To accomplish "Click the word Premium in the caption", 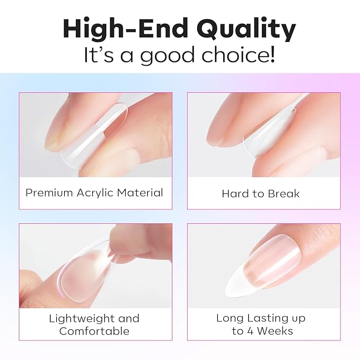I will pyautogui.click(x=49, y=192).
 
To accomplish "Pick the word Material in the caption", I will pyautogui.click(x=140, y=192).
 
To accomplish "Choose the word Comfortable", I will pyautogui.click(x=94, y=331).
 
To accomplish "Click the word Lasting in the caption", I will pyautogui.click(x=264, y=319).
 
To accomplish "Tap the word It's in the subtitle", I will pyautogui.click(x=99, y=55).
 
